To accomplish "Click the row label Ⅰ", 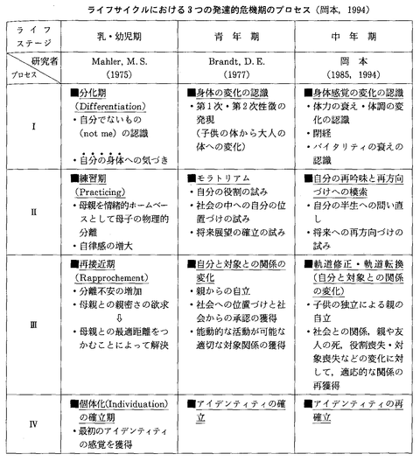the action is tap(32, 128).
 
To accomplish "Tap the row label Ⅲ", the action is tap(32, 323).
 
